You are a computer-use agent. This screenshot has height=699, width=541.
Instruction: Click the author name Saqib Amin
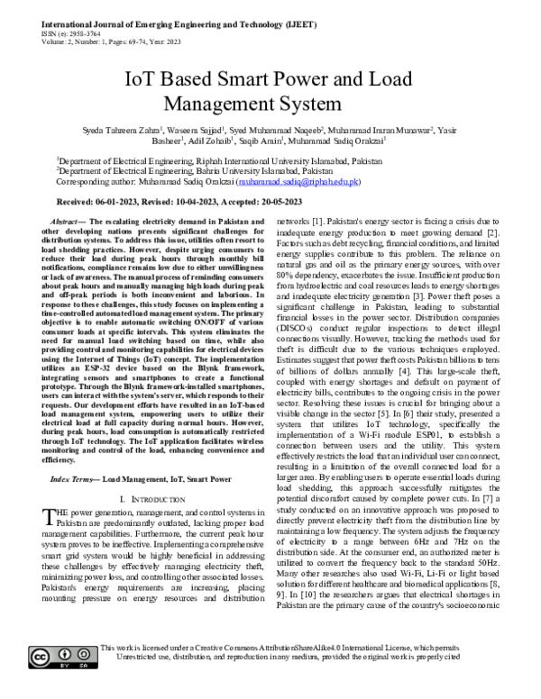(264, 141)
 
